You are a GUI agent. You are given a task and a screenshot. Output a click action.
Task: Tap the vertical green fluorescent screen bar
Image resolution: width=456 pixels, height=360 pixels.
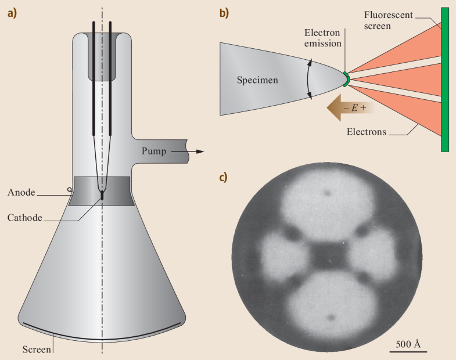[445, 80]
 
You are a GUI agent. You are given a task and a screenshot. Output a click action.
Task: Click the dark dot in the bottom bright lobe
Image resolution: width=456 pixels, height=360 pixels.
[331, 316]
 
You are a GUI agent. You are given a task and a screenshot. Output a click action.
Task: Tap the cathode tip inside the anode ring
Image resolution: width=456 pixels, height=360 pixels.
[102, 196]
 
